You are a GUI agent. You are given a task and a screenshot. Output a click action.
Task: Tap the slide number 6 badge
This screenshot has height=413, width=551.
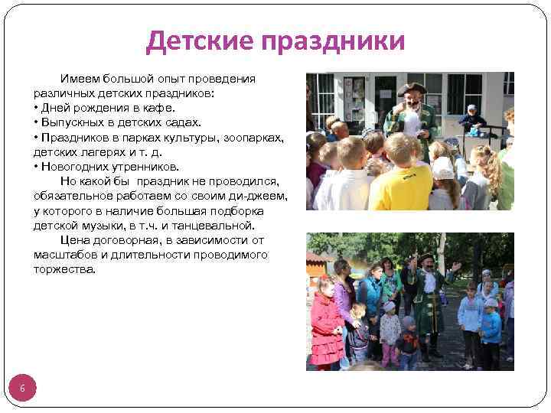click(x=23, y=389)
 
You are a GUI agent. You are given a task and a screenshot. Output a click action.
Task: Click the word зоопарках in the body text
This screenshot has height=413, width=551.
click(x=247, y=137)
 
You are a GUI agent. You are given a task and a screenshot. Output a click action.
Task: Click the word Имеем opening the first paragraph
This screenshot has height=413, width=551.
click(x=80, y=79)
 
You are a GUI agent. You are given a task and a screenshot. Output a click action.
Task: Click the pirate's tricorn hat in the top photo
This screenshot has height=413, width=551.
click(x=412, y=88)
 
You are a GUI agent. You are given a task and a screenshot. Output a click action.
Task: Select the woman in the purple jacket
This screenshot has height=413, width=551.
click(x=344, y=294)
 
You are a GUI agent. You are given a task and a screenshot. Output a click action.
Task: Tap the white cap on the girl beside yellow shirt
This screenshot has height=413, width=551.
click(x=442, y=167)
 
